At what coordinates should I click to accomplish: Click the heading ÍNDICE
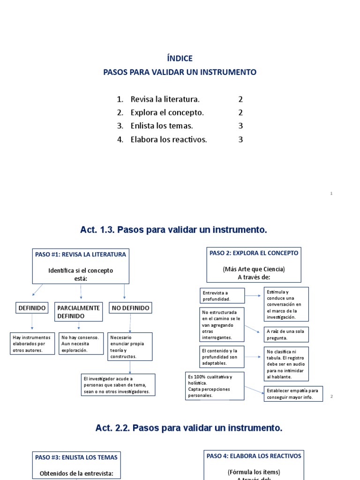(x=180, y=59)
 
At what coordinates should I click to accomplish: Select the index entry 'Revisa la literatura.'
(x=165, y=99)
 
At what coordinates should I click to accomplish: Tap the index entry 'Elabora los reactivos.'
(x=169, y=139)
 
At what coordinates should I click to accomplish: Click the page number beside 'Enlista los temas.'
(x=240, y=126)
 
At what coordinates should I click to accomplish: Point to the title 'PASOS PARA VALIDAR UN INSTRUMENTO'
(x=180, y=72)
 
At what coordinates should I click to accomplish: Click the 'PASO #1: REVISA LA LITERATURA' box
(x=81, y=266)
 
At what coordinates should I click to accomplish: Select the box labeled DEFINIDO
(x=31, y=308)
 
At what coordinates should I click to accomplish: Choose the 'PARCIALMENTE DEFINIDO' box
(x=78, y=312)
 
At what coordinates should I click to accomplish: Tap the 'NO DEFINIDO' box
(x=130, y=308)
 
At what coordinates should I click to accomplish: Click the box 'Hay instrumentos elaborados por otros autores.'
(x=32, y=344)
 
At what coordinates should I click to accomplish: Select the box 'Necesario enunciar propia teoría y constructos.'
(x=130, y=346)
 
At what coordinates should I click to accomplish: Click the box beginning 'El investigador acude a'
(x=118, y=385)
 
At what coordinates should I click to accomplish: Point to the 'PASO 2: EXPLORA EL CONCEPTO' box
(x=254, y=265)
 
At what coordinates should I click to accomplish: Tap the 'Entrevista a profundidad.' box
(x=222, y=296)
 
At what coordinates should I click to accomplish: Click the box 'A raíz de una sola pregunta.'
(x=286, y=334)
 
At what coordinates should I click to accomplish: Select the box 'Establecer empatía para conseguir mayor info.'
(x=294, y=394)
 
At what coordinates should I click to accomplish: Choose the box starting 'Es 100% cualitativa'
(x=215, y=386)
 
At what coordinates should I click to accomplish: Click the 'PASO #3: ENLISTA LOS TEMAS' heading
(x=76, y=457)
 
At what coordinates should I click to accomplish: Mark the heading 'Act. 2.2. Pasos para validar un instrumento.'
(x=189, y=428)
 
